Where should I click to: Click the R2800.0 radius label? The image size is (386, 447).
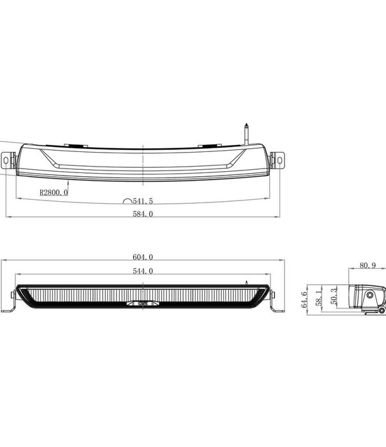pos(53,192)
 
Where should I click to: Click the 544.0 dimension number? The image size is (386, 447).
pos(143,271)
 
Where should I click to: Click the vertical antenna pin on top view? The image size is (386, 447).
pos(246,133)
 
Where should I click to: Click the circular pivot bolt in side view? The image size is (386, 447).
pos(369,297)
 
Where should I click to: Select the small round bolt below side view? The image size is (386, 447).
pos(382,310)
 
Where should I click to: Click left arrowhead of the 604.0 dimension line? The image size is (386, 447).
pos(5,261)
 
